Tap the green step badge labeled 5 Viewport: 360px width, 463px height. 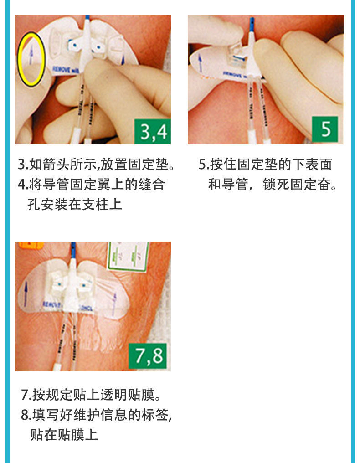coord(325,129)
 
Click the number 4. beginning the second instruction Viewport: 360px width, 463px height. coord(23,185)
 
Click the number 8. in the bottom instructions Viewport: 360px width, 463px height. coord(26,415)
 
